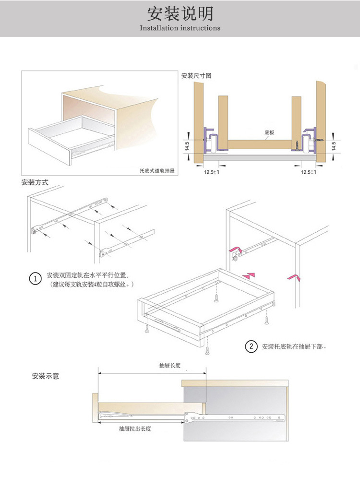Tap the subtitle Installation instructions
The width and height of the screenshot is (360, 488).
[x=180, y=28]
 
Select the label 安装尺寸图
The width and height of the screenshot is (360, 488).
[x=196, y=76]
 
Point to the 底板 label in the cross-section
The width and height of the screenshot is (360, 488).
[x=269, y=132]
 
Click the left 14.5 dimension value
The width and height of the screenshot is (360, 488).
[x=187, y=145]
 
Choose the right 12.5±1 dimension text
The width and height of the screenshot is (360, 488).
[x=308, y=172]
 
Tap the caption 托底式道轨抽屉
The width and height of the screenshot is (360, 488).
[x=156, y=170]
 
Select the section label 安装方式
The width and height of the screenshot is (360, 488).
[x=35, y=183]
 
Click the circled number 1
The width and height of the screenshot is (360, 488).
[x=35, y=279]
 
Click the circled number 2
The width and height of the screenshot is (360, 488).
[x=251, y=346]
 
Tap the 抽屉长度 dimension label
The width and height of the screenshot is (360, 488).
[x=170, y=365]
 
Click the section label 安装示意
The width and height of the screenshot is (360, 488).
[x=46, y=376]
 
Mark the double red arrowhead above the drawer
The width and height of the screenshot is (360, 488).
[x=249, y=275]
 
